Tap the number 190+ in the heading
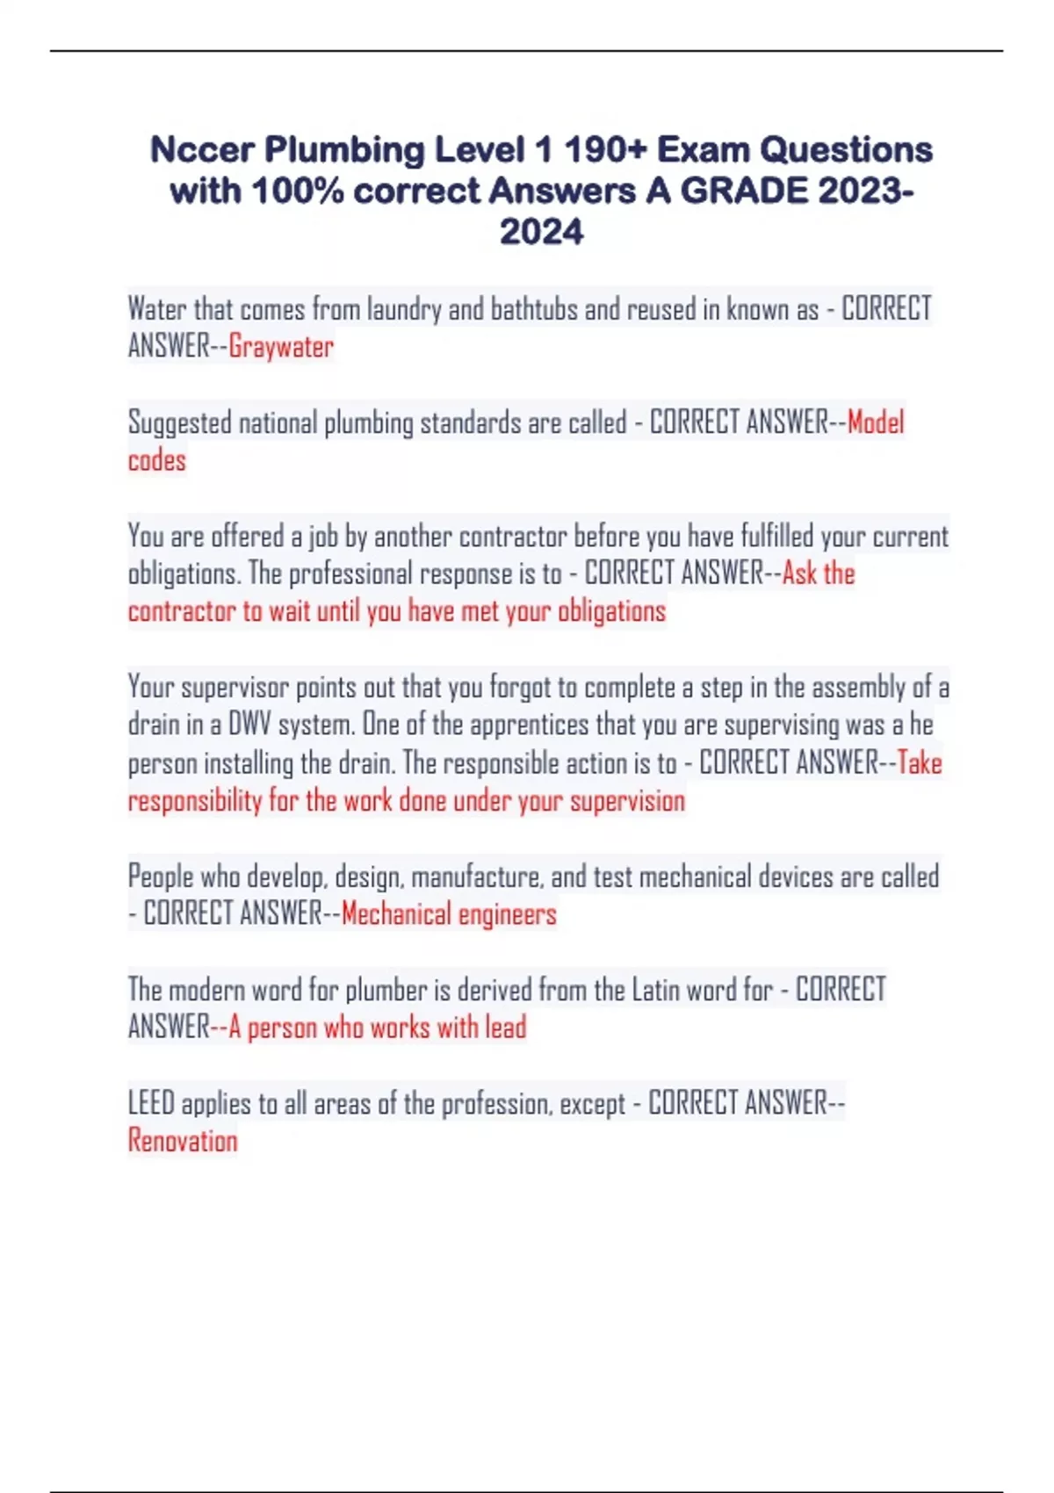(605, 150)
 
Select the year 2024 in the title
(541, 233)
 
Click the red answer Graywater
(281, 347)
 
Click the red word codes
(157, 460)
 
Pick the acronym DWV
(249, 725)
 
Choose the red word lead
(505, 1028)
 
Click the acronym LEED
(151, 1103)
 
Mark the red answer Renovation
(183, 1141)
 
